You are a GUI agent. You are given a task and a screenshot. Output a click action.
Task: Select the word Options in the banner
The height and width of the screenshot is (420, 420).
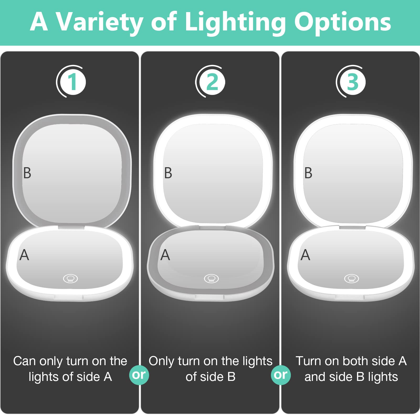[x=343, y=22]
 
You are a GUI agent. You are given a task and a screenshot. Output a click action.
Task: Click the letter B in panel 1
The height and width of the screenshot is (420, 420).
[x=27, y=173]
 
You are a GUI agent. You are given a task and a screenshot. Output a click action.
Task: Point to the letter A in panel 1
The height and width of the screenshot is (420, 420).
[x=24, y=255]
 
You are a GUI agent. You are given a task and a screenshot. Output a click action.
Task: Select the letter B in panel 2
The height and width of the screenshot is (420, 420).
[x=168, y=173]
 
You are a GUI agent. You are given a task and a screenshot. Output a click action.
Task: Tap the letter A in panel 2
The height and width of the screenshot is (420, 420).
[x=165, y=255]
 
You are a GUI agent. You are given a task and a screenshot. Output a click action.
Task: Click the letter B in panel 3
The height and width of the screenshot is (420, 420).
[x=308, y=173]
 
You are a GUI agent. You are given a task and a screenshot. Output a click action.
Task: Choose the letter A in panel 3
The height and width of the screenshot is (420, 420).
[x=305, y=255]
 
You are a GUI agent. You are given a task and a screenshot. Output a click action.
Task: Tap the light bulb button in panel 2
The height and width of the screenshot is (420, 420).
[x=211, y=278]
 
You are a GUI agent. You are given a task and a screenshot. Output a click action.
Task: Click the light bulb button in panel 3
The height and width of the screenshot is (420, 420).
[x=351, y=278]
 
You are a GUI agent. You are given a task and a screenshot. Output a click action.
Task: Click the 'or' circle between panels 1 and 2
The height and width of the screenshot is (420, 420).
[x=139, y=375]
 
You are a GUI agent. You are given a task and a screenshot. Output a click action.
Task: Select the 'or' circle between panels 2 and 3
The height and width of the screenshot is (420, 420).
[x=280, y=375]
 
